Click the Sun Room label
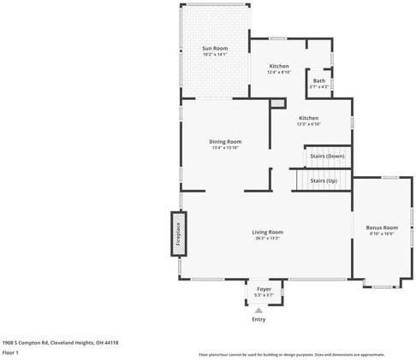(x=214, y=48)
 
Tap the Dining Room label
(x=226, y=141)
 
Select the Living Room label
(x=267, y=232)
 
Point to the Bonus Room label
(x=382, y=227)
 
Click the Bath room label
(x=318, y=80)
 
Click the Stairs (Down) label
(x=327, y=156)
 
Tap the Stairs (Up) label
(x=323, y=181)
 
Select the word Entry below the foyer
(x=259, y=320)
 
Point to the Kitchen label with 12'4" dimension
(x=279, y=66)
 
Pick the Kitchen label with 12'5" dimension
(x=308, y=118)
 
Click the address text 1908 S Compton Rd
(x=60, y=342)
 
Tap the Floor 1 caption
(x=10, y=352)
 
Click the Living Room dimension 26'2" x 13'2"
(x=268, y=239)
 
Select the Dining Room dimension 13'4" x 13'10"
(x=226, y=148)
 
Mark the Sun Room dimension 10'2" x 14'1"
(x=214, y=55)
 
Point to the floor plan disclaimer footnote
(x=291, y=354)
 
